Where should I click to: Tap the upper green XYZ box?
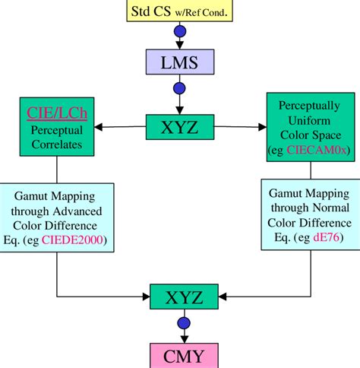tap(179, 126)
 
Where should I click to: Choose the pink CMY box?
tap(179, 354)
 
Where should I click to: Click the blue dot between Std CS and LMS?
tap(179, 32)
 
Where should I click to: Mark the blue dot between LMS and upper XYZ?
tap(179, 88)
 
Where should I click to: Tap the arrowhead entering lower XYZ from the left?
tap(146, 296)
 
